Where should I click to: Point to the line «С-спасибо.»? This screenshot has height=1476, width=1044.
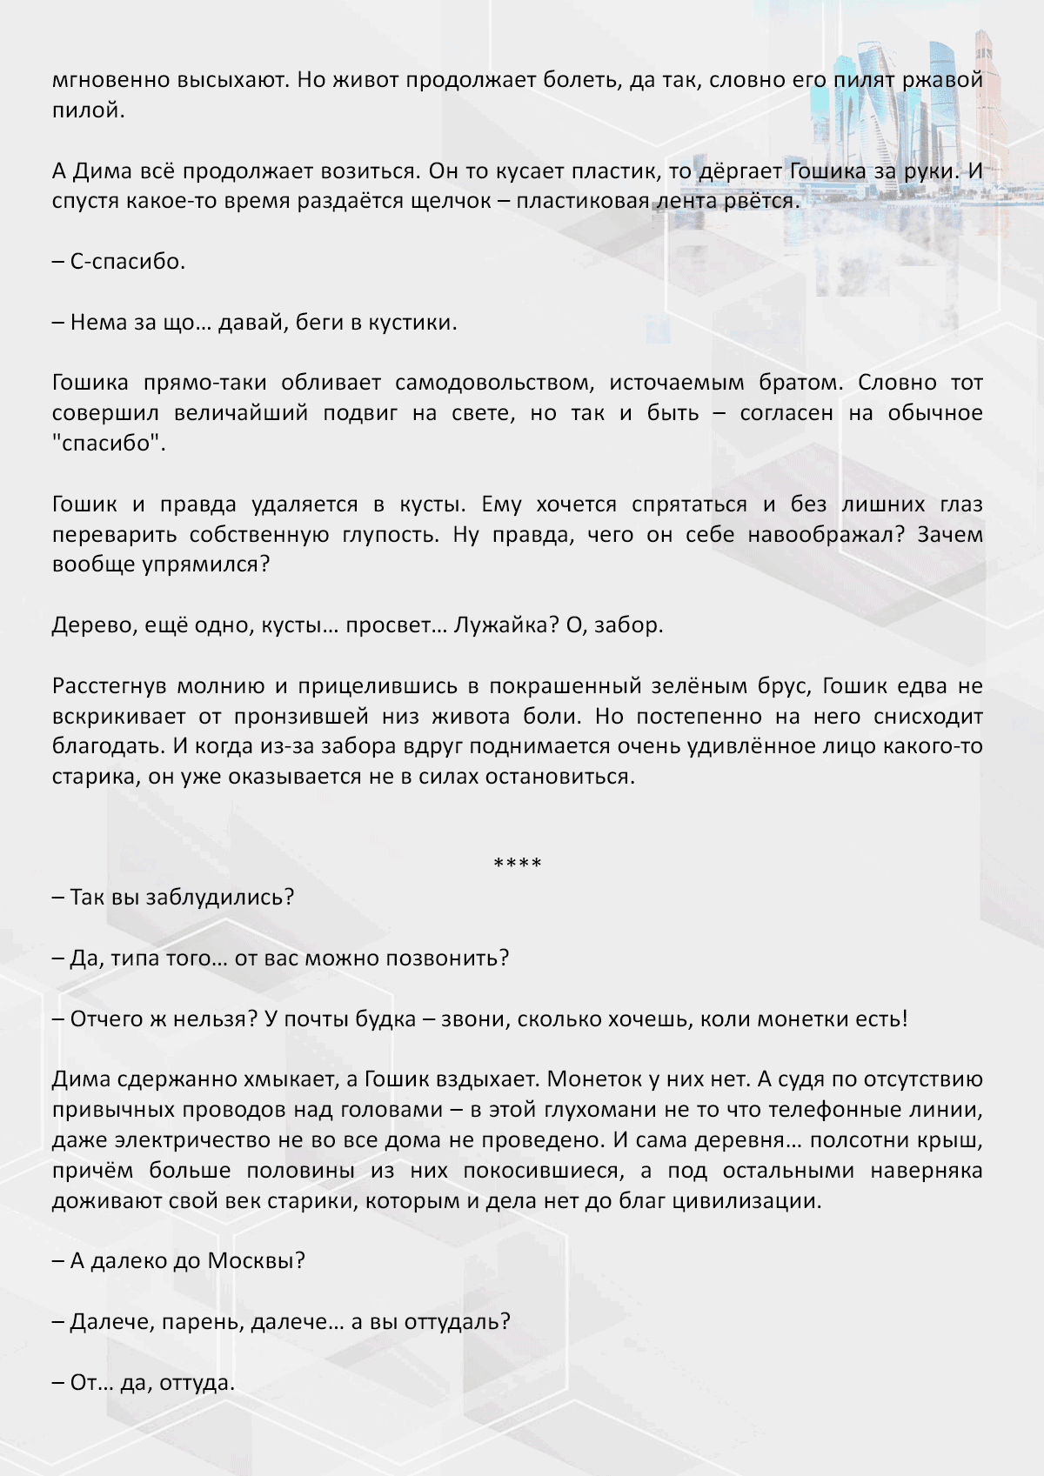pos(118,262)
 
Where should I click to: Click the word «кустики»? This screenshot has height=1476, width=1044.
pos(412,323)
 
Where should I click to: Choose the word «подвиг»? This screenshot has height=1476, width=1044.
pos(359,413)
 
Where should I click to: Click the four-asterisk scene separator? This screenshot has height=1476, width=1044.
pos(518,864)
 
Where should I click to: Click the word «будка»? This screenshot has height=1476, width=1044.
pos(385,1019)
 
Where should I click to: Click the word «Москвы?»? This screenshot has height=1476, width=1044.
pos(257,1261)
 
